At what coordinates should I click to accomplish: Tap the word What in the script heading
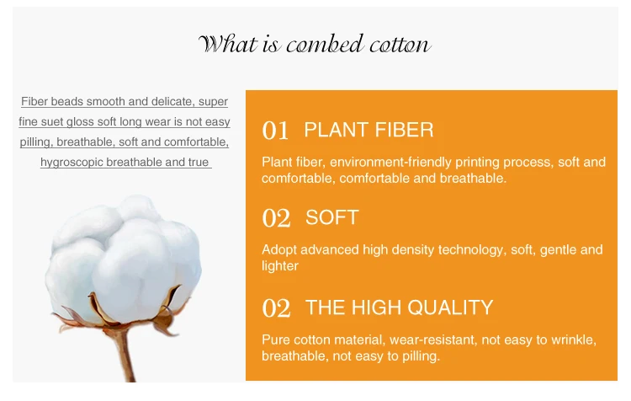click(228, 44)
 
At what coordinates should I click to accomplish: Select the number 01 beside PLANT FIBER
click(275, 131)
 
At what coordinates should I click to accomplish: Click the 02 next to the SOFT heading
click(276, 218)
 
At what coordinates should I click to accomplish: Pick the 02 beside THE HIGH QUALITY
click(276, 307)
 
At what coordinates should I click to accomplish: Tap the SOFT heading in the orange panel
click(332, 217)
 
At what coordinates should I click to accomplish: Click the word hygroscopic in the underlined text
click(72, 162)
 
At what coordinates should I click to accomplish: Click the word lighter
click(280, 266)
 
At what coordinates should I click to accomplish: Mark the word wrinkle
click(574, 340)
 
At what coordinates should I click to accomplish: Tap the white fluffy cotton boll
click(123, 258)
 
